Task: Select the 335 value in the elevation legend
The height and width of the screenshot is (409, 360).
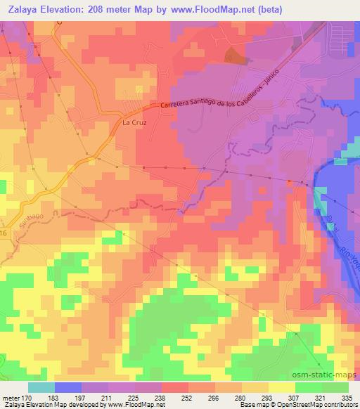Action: [345, 397]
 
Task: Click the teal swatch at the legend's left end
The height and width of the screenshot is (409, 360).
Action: [41, 387]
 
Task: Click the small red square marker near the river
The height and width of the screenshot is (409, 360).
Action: [289, 181]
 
